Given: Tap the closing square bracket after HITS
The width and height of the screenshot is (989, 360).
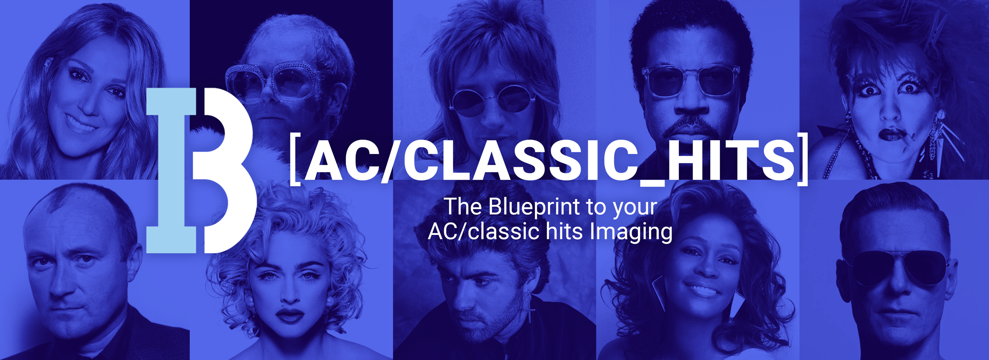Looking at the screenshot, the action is (x=803, y=160).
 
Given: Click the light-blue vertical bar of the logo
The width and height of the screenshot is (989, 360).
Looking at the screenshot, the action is (x=171, y=170).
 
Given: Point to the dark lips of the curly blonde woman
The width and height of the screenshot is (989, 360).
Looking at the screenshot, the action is (x=290, y=315).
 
